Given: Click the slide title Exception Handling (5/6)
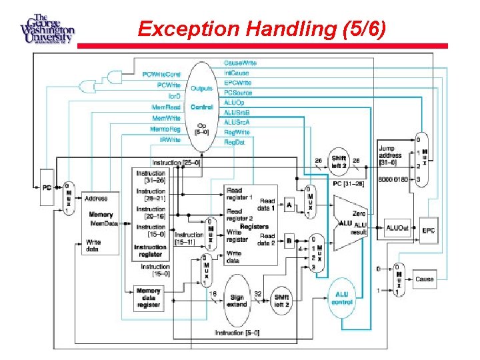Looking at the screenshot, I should pos(261,29).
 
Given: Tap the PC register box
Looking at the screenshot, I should pos(47,187).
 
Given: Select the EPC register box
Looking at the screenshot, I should pos(428,230).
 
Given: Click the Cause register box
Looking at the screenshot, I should pos(424,279).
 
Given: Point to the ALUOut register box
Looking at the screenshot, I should pos(394,229).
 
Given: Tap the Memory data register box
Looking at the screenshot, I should pos(148,298).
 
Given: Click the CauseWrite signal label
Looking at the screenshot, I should pos(240,63).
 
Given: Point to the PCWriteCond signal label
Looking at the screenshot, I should pos(162,73).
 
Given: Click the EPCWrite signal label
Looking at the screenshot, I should pos(237,83).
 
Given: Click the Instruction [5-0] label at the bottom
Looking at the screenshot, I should pos(237,333).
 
